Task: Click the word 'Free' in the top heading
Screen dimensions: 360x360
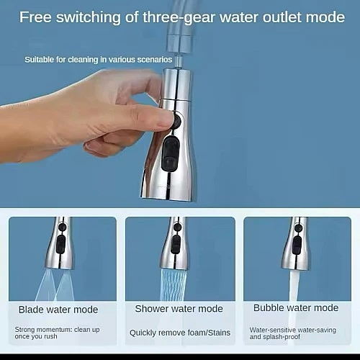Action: pos(35,17)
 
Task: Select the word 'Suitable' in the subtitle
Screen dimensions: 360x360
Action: pos(39,60)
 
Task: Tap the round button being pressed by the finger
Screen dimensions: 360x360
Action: pos(176,121)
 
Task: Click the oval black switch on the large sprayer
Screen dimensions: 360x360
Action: pos(171,153)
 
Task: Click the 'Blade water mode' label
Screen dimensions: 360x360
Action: pos(58,310)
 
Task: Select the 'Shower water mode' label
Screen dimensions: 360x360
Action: pos(179,309)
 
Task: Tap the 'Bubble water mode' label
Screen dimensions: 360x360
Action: pos(296,307)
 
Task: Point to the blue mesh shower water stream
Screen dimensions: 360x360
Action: pos(174,285)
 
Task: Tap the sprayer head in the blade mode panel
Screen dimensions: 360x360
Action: pos(60,243)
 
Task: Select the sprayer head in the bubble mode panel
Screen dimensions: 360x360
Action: pos(297,243)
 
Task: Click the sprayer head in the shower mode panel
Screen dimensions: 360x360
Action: pos(175,243)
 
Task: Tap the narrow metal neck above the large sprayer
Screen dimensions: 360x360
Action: pos(178,61)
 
